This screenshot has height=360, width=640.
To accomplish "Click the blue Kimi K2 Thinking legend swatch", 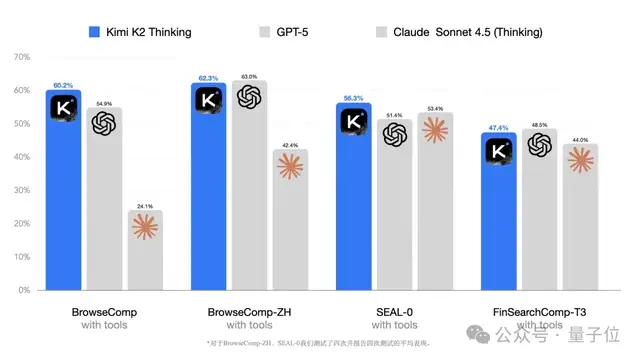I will point(96,32).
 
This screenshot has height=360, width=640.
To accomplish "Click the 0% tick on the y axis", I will point(22,290).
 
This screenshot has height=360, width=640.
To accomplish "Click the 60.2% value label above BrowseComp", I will point(63,84).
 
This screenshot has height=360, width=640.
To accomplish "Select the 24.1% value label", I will point(145,205).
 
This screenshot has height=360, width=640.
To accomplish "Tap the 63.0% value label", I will point(248,77).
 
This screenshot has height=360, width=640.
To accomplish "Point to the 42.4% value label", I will point(290,145).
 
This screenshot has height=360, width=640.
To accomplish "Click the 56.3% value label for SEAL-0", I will point(353,98).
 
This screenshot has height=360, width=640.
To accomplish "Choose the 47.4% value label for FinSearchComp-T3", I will point(499,128).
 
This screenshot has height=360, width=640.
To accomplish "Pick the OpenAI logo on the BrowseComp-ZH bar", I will point(248,97).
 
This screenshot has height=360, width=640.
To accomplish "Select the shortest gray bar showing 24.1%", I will point(145,250).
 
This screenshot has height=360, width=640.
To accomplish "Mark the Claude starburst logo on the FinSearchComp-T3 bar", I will point(581,160).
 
